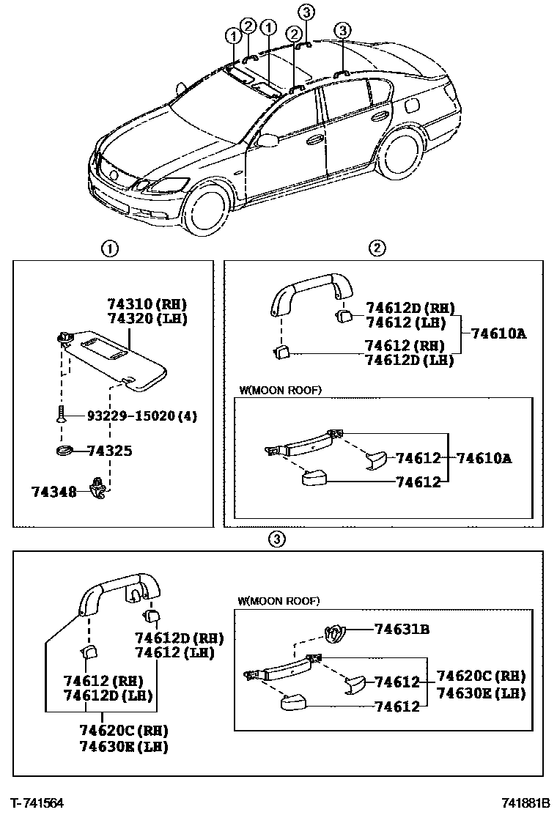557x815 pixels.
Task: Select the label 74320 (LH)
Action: coord(147,319)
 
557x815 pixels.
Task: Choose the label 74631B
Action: coord(402,628)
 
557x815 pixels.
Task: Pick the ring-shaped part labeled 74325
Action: coord(64,450)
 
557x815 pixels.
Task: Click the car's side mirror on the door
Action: coord(269,139)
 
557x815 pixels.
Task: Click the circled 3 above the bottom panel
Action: coord(276,540)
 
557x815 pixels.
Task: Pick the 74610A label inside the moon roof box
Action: coord(484,459)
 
